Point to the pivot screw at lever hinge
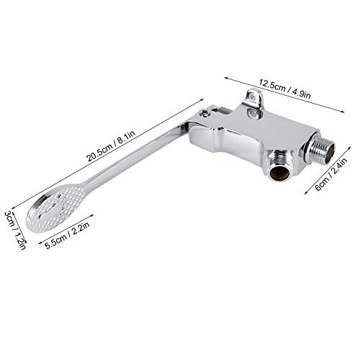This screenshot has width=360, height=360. (205, 114)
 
